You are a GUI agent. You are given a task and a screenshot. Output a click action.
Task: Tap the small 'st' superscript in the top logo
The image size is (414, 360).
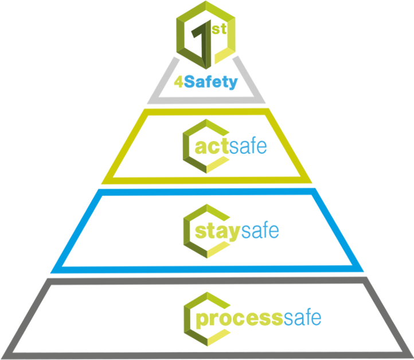(219, 29)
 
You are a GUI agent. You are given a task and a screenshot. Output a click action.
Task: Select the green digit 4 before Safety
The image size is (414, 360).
(179, 82)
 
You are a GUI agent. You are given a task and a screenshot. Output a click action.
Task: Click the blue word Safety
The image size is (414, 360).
(210, 83)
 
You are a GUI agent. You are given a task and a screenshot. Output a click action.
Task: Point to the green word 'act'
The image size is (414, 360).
(212, 147)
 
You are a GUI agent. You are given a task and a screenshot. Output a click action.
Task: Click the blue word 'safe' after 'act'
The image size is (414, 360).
(248, 146)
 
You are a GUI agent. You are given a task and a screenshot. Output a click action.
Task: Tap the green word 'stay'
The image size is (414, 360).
(217, 232)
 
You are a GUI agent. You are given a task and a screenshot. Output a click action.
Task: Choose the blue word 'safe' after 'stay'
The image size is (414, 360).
(260, 230)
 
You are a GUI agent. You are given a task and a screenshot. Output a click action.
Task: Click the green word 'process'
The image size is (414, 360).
(240, 319)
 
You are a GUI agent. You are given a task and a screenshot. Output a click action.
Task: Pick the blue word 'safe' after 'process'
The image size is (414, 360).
(302, 317)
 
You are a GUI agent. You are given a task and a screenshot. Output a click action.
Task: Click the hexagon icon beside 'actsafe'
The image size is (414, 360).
(206, 146)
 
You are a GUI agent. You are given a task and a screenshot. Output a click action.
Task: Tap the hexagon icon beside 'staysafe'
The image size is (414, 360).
(206, 231)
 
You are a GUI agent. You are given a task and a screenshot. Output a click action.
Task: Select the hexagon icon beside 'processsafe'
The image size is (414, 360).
(207, 319)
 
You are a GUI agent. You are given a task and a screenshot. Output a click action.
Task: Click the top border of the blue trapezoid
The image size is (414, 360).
(207, 192)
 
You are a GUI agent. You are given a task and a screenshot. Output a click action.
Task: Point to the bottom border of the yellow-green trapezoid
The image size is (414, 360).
(207, 180)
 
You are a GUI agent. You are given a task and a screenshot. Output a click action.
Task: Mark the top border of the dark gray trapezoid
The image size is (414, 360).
(207, 281)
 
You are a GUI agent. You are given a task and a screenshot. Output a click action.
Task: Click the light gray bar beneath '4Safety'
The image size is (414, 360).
(206, 100)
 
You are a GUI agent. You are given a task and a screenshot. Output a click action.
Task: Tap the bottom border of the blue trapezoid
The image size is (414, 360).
(207, 269)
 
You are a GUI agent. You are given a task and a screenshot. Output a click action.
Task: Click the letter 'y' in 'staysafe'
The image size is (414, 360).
(235, 233)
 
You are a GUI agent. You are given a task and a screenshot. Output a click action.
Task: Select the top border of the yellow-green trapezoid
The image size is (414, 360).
(207, 112)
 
